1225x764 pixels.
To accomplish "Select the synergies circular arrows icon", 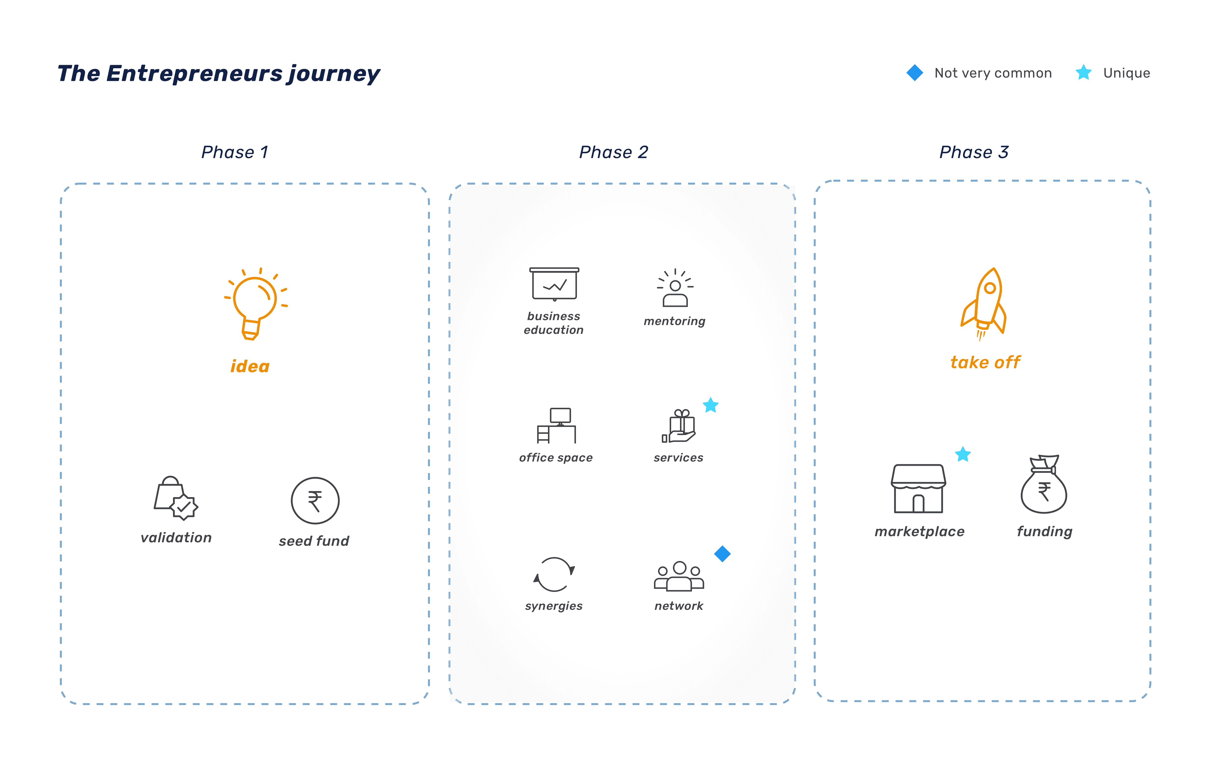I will point(554,574).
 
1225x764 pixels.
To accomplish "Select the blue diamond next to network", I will point(722,554).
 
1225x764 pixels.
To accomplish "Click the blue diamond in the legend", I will point(915,73).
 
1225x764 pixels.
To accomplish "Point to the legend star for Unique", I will point(1084,73).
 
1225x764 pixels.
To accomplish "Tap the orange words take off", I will point(985,362).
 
